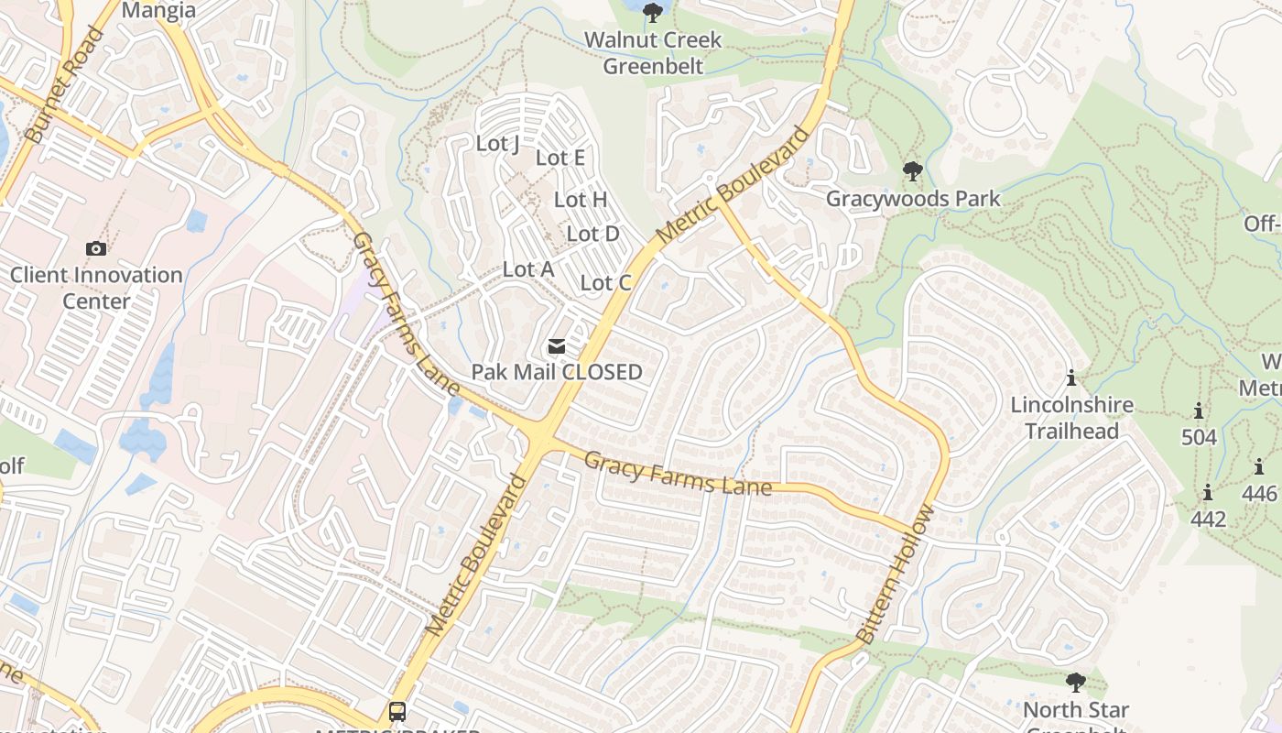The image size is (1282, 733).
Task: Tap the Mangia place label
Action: point(158,10)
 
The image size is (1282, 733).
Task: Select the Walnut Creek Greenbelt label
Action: point(653,53)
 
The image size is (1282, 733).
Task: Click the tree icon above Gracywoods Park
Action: point(912,171)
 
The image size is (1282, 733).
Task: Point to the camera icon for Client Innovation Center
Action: point(96,248)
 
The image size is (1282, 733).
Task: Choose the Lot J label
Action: point(498,144)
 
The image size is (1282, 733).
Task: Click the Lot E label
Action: point(560,158)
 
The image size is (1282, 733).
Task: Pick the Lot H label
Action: point(581,199)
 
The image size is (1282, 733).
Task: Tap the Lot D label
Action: point(592,234)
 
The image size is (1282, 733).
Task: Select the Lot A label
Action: point(528,269)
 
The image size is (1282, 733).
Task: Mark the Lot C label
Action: point(606,283)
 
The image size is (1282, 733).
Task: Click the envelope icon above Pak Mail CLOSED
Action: point(557,346)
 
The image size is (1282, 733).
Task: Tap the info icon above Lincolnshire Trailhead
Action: point(1071,377)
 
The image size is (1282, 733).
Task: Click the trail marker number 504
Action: point(1199,437)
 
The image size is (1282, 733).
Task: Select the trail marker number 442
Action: point(1208,519)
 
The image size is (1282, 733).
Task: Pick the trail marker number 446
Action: point(1260,494)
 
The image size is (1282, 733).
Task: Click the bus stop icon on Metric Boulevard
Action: point(397,711)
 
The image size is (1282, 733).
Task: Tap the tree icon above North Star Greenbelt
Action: point(1076,683)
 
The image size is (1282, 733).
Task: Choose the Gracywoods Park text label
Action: point(913,199)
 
